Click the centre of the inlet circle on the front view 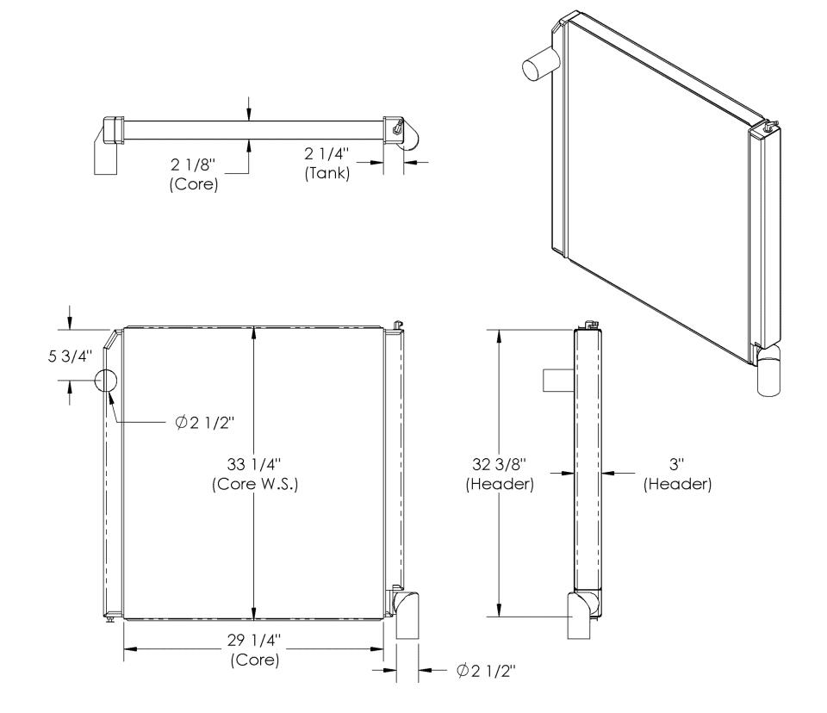[x=105, y=381]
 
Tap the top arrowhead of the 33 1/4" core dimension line [x=254, y=332]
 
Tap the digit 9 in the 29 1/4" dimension [x=240, y=640]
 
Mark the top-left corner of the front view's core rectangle [x=123, y=328]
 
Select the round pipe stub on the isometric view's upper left [x=541, y=63]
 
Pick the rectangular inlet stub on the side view [x=558, y=381]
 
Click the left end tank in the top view [x=113, y=130]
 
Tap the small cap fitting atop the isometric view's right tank [x=768, y=126]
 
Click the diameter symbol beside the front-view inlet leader [x=181, y=423]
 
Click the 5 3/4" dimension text [x=70, y=356]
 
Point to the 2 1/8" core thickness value [x=194, y=164]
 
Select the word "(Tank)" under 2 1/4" [x=327, y=173]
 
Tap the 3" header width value [x=676, y=464]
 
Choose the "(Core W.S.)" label [x=255, y=484]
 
